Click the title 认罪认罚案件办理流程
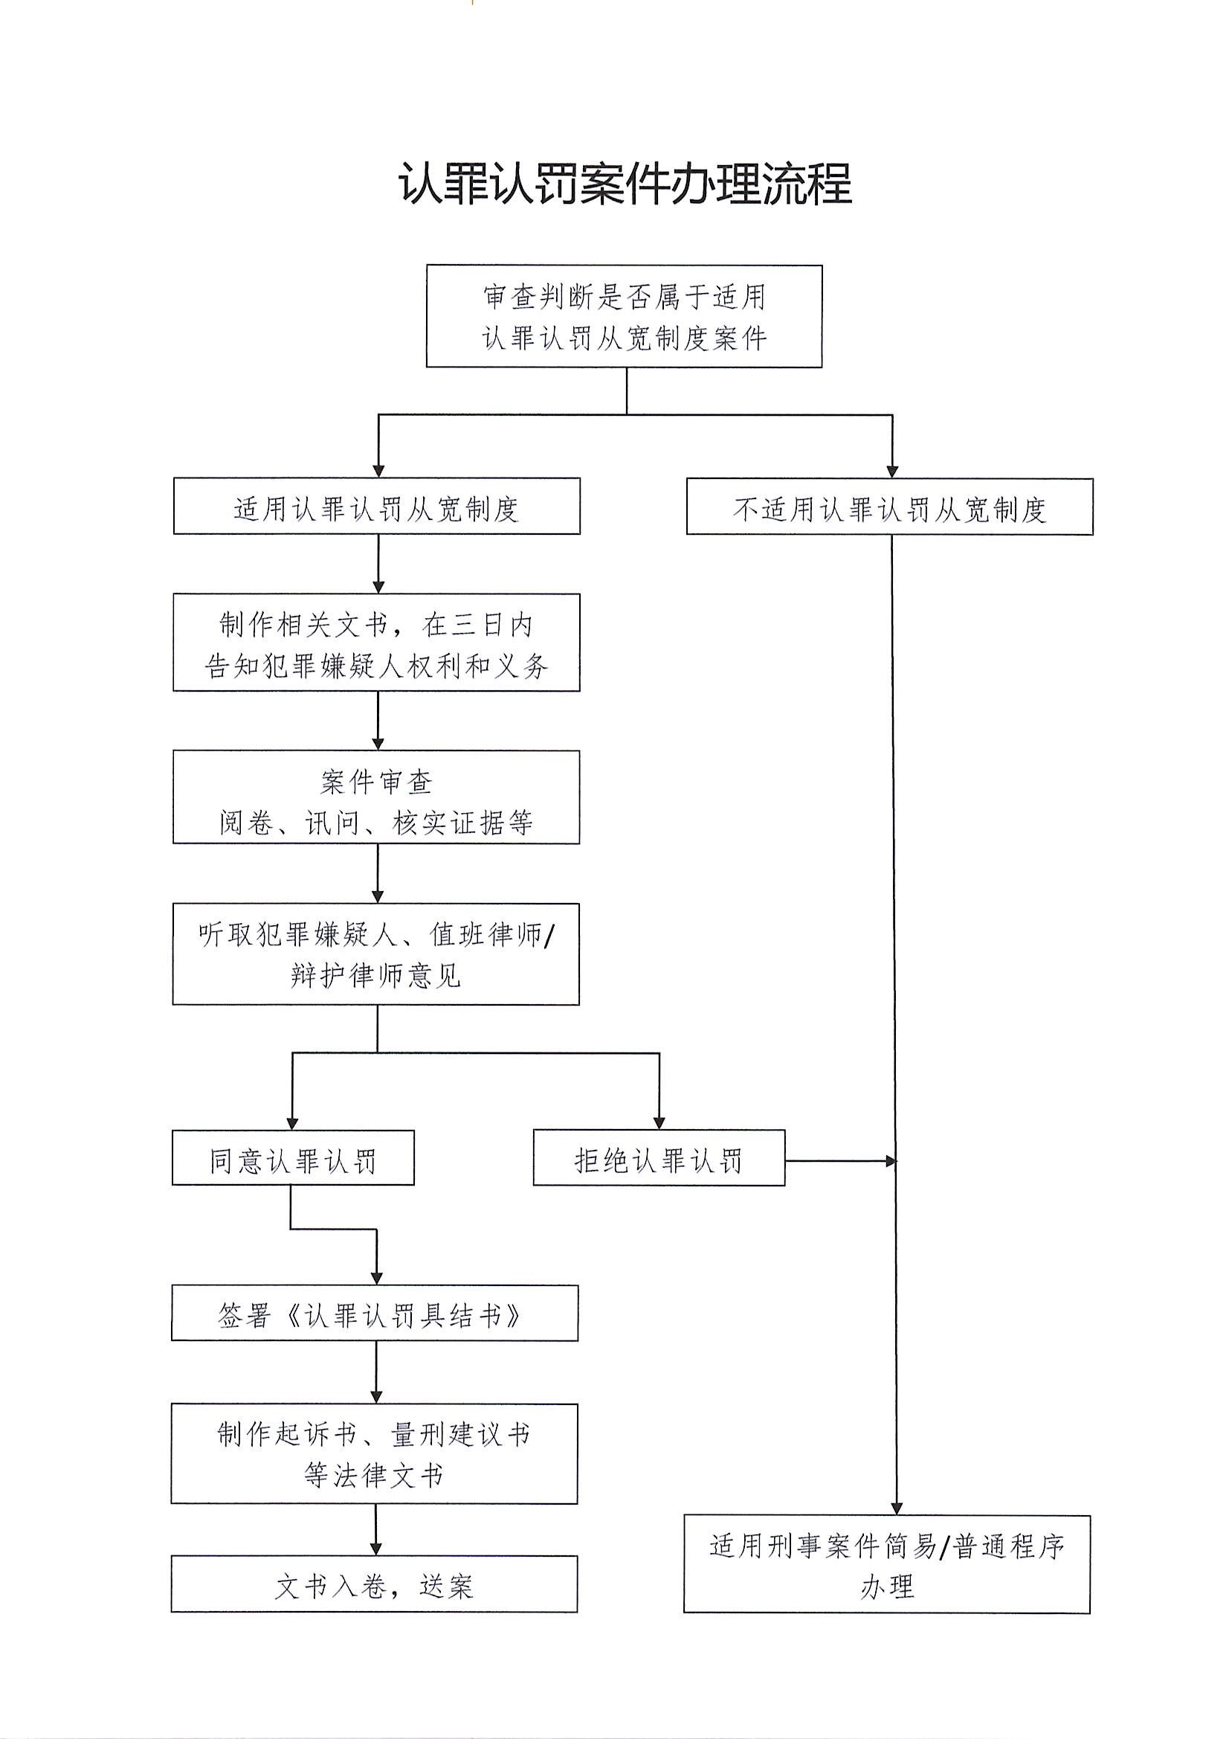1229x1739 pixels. pyautogui.click(x=625, y=184)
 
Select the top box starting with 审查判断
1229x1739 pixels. pyautogui.click(x=624, y=317)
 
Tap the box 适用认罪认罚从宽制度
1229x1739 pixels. pyautogui.click(x=377, y=507)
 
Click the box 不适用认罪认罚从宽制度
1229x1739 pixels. pyautogui.click(x=890, y=507)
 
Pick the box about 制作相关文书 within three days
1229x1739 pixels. pyautogui.click(x=376, y=643)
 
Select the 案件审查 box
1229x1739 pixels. pyautogui.click(x=376, y=797)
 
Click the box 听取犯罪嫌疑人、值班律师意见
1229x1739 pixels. pyautogui.click(x=376, y=954)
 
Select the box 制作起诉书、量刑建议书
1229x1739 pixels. pyautogui.click(x=374, y=1454)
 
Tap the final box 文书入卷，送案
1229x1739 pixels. pyautogui.click(x=374, y=1585)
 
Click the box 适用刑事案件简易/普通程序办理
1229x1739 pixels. pyautogui.click(x=887, y=1565)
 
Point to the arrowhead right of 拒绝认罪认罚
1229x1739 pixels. pyautogui.click(x=891, y=1160)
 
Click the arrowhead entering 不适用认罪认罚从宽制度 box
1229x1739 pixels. pyautogui.click(x=892, y=471)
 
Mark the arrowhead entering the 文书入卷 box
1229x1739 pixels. pyautogui.click(x=375, y=1548)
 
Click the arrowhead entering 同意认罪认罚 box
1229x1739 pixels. pyautogui.click(x=292, y=1123)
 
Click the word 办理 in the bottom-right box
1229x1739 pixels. pyautogui.click(x=887, y=1586)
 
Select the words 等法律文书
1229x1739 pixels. pyautogui.click(x=374, y=1476)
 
